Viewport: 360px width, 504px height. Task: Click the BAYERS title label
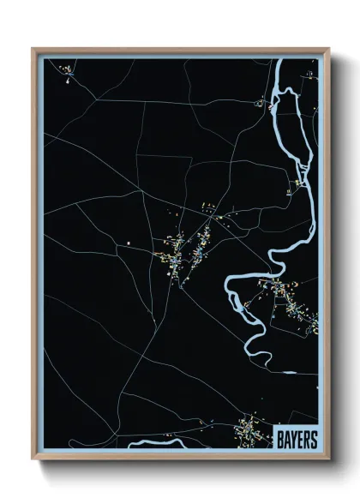(x=297, y=438)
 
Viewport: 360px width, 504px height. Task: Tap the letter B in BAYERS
(x=279, y=438)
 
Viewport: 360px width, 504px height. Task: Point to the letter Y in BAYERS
(x=293, y=438)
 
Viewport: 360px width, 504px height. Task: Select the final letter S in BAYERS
(x=314, y=438)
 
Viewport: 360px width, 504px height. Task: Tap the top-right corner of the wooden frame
(x=328, y=50)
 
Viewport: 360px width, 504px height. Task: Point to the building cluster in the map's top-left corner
(x=68, y=79)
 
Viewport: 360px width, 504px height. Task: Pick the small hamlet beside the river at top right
(x=262, y=104)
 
